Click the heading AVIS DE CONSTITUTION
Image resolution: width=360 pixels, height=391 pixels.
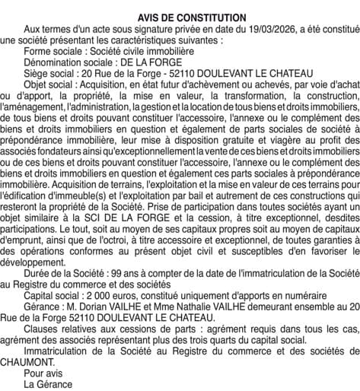180,17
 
